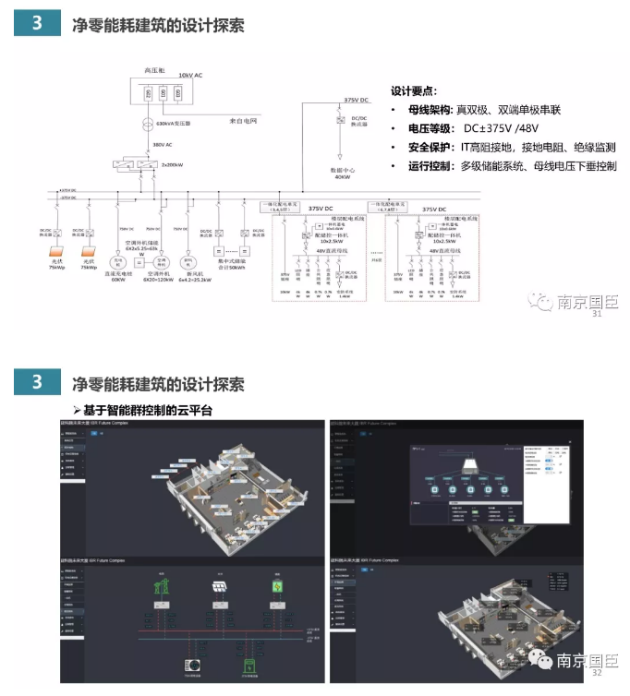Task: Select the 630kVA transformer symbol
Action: [x=148, y=124]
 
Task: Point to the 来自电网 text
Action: [x=244, y=121]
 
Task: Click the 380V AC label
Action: [x=163, y=145]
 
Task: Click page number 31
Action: [x=595, y=314]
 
